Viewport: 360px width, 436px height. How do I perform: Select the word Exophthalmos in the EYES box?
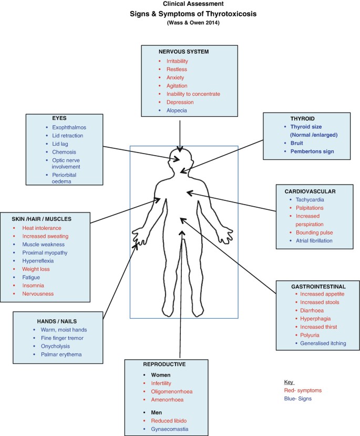[65, 127]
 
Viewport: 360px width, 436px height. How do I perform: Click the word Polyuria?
[310, 335]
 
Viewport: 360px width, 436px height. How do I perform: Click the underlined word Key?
[289, 382]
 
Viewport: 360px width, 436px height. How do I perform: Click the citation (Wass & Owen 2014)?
[180, 23]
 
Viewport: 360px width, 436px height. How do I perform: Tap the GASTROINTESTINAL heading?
[318, 286]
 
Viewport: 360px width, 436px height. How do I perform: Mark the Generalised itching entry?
[320, 343]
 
